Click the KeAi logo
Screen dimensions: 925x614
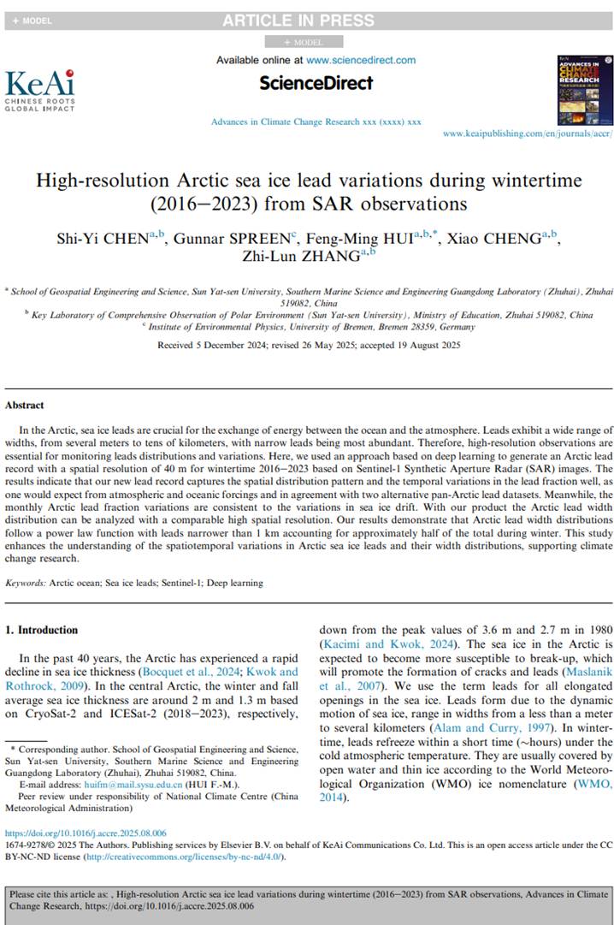click(39, 89)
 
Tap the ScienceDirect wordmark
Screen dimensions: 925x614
click(316, 83)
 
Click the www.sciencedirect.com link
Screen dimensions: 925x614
click(361, 60)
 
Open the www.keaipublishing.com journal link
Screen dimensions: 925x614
click(528, 134)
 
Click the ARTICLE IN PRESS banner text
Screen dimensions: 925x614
click(298, 20)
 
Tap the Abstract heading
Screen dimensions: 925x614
click(24, 405)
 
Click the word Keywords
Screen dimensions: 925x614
click(25, 583)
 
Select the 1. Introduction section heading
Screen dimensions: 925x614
click(42, 630)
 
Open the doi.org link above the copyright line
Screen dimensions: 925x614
click(86, 833)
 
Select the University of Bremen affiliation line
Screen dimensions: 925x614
click(306, 326)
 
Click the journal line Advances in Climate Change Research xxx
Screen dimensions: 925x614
click(316, 122)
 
